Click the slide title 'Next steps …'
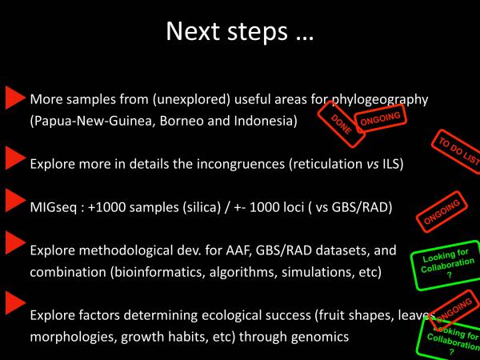[239, 31]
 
